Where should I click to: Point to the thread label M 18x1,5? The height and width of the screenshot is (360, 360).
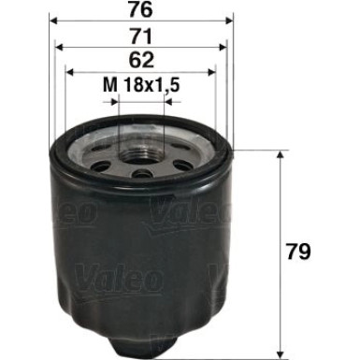(142, 89)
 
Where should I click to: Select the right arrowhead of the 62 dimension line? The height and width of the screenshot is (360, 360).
(215, 74)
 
